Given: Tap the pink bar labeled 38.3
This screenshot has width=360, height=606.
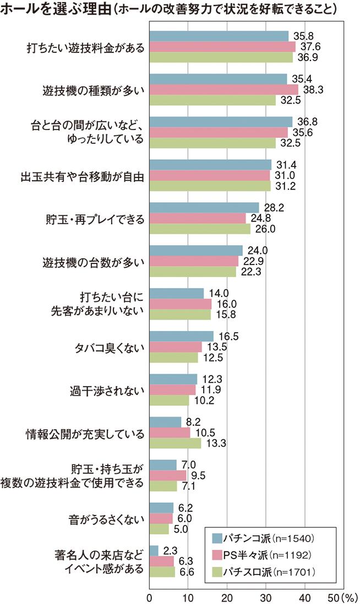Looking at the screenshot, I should pyautogui.click(x=223, y=89).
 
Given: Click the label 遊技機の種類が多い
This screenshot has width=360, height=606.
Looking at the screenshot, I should pyautogui.click(x=94, y=90).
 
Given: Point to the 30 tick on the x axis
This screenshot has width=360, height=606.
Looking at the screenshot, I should pyautogui.click(x=266, y=597).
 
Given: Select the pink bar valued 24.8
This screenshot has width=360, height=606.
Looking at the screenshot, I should pyautogui.click(x=198, y=218).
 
